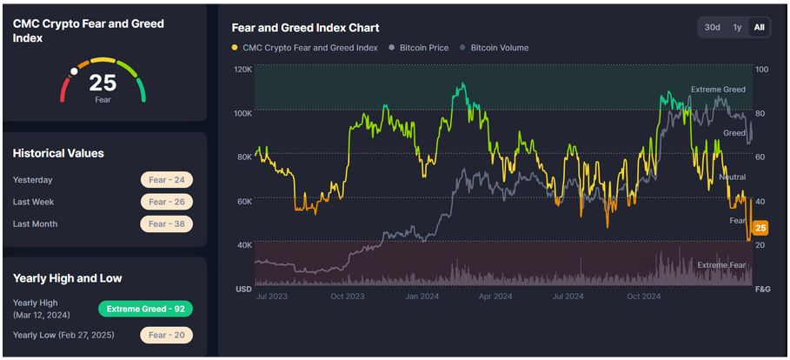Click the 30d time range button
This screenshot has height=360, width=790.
[x=713, y=27]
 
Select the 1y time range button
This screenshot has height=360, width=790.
[x=737, y=27]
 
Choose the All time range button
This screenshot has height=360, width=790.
[x=759, y=27]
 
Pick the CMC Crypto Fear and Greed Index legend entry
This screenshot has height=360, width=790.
[x=305, y=48]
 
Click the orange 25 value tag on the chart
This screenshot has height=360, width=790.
[x=760, y=229]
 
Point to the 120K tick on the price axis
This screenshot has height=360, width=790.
[x=243, y=69]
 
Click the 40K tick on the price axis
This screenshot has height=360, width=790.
[x=244, y=244]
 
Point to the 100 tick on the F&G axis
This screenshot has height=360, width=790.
[x=761, y=69]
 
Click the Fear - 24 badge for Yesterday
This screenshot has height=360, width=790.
[x=166, y=180]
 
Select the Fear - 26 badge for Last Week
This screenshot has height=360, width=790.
[x=166, y=202]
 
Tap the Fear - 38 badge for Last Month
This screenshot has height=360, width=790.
[x=166, y=223]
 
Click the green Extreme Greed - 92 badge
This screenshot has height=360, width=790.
[x=145, y=309]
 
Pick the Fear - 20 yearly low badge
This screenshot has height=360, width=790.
[x=166, y=335]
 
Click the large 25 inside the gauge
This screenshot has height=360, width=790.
[x=103, y=83]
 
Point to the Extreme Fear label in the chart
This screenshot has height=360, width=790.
[x=721, y=264]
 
